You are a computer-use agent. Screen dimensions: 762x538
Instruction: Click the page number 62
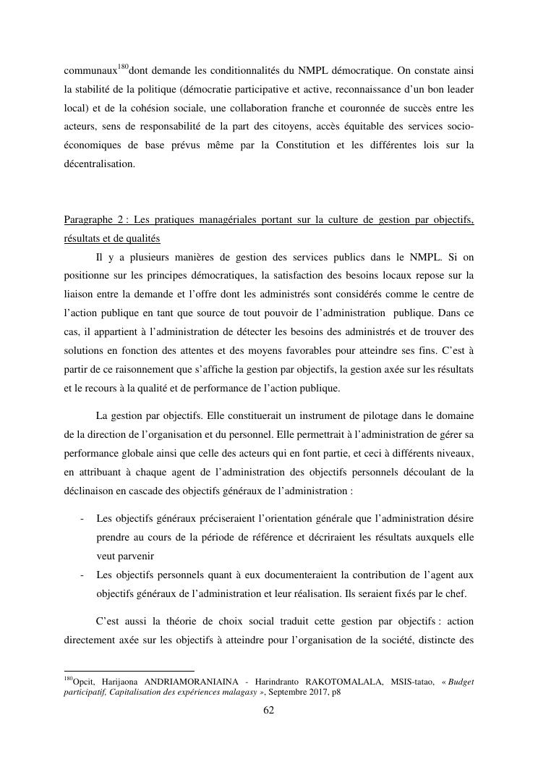pyautogui.click(x=268, y=710)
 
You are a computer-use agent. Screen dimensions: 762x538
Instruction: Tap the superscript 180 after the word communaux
pyautogui.click(x=123, y=67)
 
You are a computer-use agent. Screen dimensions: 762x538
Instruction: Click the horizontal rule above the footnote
pyautogui.click(x=129, y=671)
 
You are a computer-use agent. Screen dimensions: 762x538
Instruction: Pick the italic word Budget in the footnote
pyautogui.click(x=460, y=681)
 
